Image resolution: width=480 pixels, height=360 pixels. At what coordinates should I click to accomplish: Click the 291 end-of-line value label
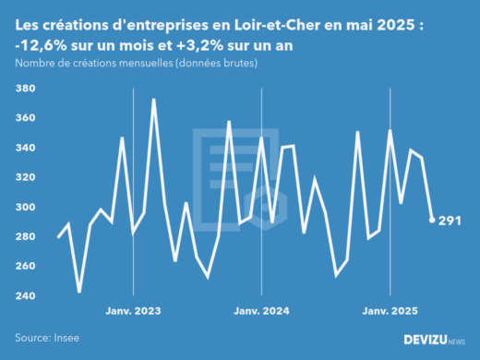pyautogui.click(x=450, y=221)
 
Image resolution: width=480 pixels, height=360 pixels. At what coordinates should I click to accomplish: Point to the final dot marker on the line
pyautogui.click(x=432, y=220)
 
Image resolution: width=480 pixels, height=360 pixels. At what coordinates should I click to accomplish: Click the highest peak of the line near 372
pyautogui.click(x=153, y=100)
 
